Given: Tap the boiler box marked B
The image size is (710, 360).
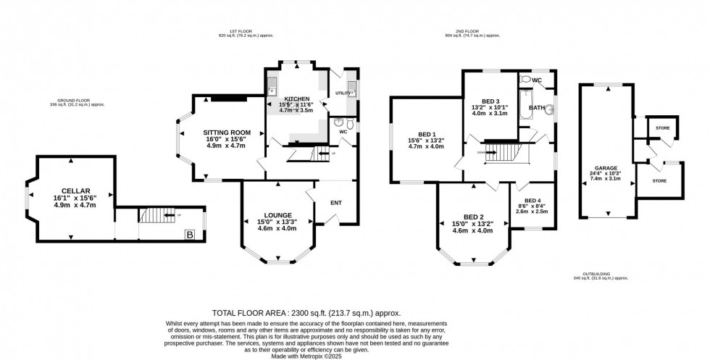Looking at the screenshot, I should click(x=190, y=235).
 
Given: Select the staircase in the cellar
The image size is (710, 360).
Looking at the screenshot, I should click(x=153, y=216).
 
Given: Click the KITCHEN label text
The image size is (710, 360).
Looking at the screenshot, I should click(x=297, y=99).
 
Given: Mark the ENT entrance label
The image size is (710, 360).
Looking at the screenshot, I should click(x=335, y=203).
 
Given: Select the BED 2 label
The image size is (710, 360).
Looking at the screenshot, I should click(x=473, y=217).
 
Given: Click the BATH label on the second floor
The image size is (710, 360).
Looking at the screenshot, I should click(x=537, y=108).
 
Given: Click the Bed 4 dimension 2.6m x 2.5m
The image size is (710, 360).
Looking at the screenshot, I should click(x=532, y=212).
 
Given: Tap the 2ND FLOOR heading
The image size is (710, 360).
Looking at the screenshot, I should click(x=474, y=30).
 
